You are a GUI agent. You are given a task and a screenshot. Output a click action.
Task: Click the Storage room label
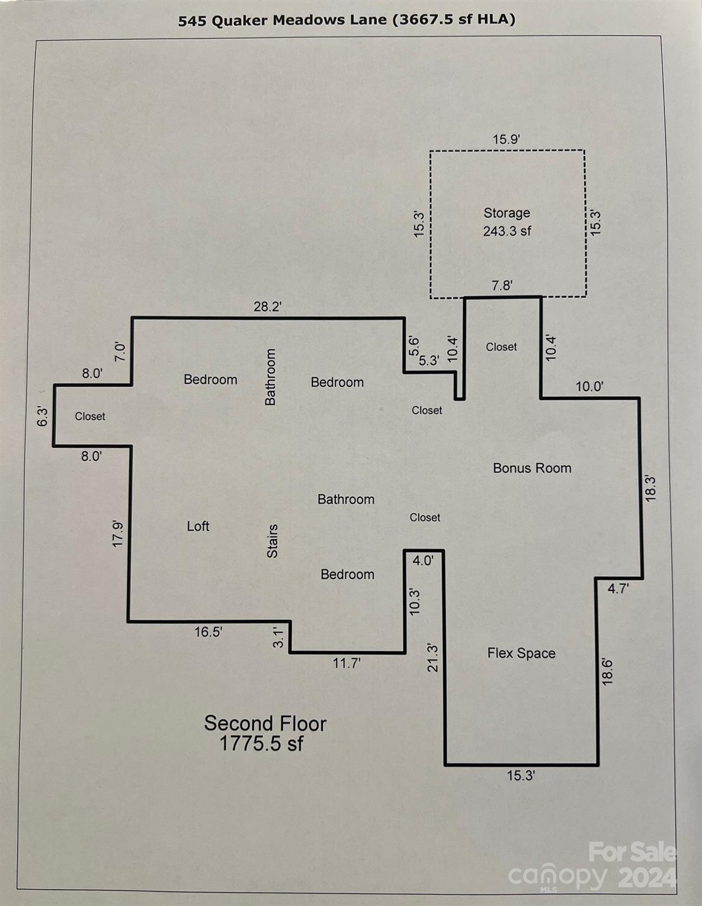(506, 213)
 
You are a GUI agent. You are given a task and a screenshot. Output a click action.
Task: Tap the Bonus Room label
(532, 468)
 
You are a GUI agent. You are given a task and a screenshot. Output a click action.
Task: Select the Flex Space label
(521, 653)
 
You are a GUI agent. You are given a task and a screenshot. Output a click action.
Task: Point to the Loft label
(198, 526)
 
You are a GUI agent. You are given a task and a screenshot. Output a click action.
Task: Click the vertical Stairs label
(272, 541)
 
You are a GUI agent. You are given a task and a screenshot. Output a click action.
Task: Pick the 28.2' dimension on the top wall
(268, 307)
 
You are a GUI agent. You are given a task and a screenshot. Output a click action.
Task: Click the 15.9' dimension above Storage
(506, 140)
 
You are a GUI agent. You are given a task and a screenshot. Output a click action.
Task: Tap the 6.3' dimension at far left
(42, 416)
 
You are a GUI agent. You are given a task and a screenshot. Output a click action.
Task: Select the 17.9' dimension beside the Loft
(118, 533)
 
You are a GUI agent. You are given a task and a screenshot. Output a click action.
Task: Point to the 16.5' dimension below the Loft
(208, 632)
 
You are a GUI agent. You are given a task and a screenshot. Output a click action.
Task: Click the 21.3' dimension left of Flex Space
(433, 658)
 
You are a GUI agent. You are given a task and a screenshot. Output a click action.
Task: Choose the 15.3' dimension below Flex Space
(520, 776)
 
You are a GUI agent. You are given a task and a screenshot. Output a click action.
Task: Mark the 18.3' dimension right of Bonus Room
(651, 488)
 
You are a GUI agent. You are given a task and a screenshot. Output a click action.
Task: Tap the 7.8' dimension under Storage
(502, 286)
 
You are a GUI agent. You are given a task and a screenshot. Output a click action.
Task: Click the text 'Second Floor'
(265, 723)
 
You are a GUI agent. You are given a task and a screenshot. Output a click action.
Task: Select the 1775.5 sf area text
(261, 743)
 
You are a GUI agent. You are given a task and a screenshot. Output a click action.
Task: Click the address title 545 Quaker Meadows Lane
(282, 20)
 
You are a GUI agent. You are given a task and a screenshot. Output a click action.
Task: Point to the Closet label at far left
(90, 416)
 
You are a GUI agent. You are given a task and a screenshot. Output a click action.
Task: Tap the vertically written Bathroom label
(271, 377)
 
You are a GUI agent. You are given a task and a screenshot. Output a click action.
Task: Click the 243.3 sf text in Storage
(507, 231)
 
